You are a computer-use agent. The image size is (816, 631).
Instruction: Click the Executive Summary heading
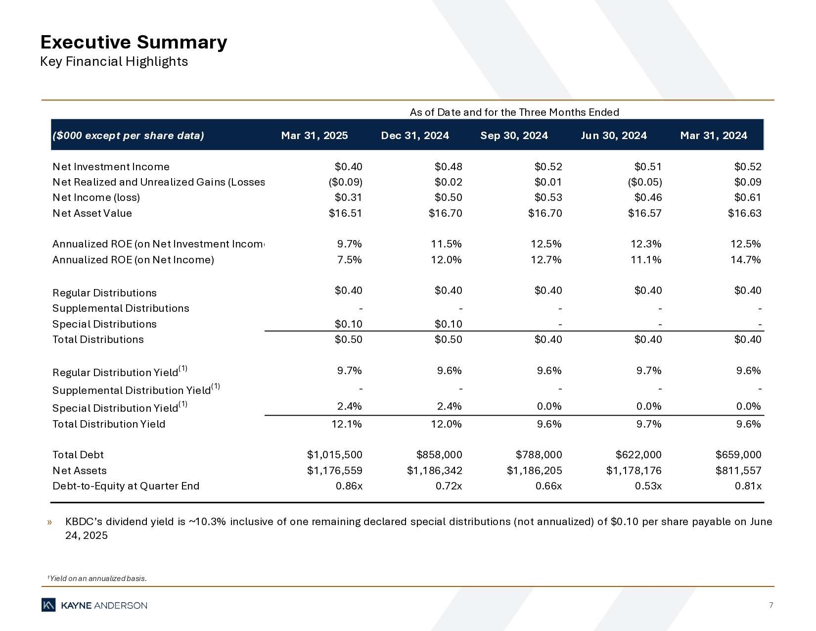[x=134, y=43]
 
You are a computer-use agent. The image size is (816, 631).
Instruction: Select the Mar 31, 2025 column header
[x=315, y=136]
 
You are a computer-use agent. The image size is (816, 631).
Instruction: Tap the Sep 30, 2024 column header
[x=514, y=136]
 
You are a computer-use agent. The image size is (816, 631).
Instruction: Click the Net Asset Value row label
[x=92, y=213]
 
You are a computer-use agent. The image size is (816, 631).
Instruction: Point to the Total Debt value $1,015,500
[x=334, y=455]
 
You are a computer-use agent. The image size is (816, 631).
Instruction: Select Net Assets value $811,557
[x=738, y=471]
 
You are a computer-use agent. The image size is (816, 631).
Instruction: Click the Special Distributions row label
[x=104, y=324]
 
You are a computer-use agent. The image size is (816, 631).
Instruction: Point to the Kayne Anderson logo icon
[x=48, y=605]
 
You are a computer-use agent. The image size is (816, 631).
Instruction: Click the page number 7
[x=771, y=605]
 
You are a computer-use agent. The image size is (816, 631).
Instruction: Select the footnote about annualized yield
[x=97, y=579]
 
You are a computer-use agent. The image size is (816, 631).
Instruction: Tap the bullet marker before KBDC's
[x=49, y=522]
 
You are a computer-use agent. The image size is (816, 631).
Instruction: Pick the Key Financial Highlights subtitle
[x=114, y=62]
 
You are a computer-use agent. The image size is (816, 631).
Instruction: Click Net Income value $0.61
[x=747, y=197]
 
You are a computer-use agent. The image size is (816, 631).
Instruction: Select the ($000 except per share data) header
[x=128, y=136]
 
